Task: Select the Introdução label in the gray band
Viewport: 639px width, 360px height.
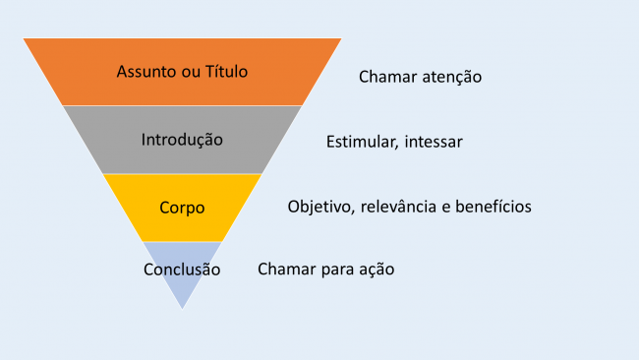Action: pos(182,139)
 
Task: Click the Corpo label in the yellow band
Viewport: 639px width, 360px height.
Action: pos(182,208)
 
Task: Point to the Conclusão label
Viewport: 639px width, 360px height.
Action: pos(182,270)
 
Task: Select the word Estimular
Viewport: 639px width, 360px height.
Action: pos(360,142)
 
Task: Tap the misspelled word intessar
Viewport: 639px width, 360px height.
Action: pos(432,142)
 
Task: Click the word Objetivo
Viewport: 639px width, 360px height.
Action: pos(320,207)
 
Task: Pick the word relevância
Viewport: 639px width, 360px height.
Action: pos(402,207)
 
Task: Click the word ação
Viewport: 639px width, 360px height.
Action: pos(376,269)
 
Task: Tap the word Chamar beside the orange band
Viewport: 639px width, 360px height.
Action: pos(385,76)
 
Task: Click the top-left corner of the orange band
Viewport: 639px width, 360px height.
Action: pos(25,39)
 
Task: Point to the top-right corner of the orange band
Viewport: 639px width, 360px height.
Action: pos(341,39)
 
